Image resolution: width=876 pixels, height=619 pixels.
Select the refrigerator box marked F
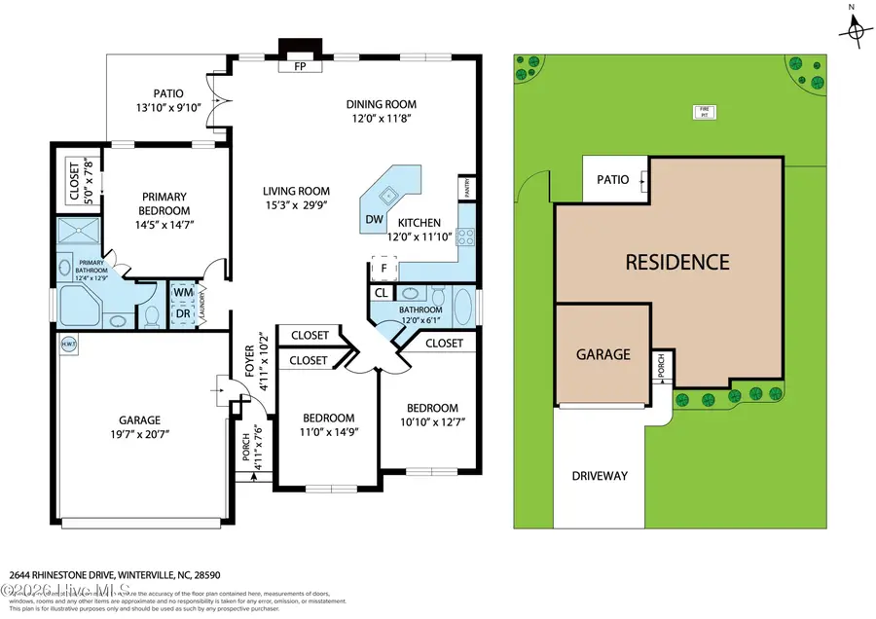tap(383, 268)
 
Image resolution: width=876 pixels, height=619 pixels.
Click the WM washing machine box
tap(183, 292)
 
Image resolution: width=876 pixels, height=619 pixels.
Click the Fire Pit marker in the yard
tap(701, 111)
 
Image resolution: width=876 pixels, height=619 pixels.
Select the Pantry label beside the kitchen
tap(467, 190)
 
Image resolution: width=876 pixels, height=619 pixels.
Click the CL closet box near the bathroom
tap(381, 293)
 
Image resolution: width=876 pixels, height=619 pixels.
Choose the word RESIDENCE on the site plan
tap(676, 262)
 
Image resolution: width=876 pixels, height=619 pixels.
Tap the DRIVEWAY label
tap(601, 476)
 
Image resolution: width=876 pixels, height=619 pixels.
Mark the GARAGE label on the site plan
tap(602, 355)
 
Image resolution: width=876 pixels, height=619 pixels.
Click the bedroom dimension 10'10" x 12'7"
tap(431, 421)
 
